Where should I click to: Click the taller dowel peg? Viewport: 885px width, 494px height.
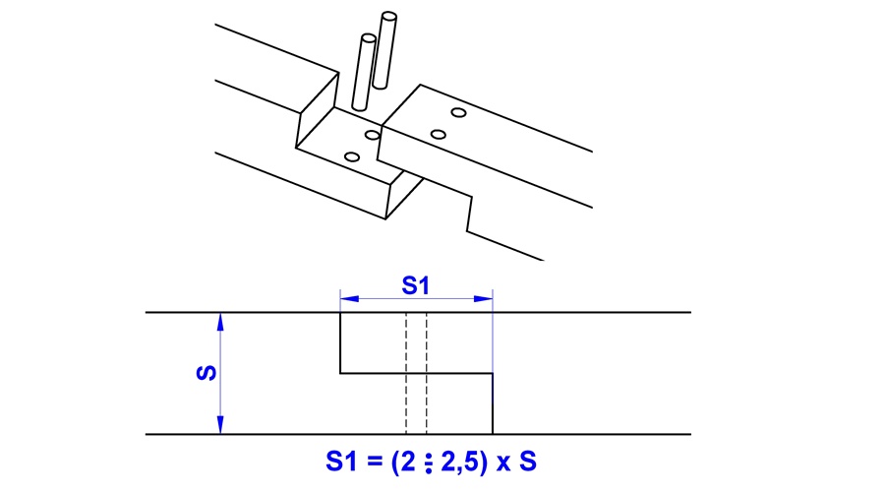coord(386,49)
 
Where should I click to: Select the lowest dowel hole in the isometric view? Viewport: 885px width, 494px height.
coord(352,156)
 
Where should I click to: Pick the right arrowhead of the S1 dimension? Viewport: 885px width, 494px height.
coord(485,297)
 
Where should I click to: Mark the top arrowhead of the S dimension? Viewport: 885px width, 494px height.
coord(220,320)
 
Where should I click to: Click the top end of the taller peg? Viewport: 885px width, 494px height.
coord(389,17)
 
